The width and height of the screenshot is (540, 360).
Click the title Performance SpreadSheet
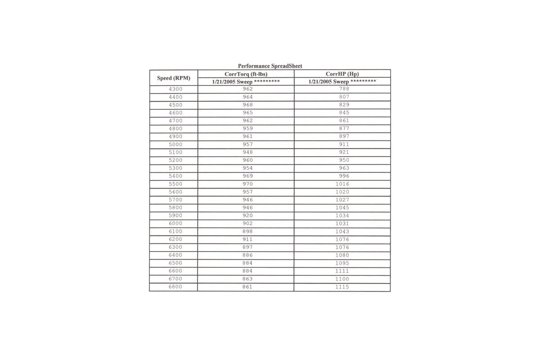pos(270,66)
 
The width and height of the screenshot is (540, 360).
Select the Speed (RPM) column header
pos(174,78)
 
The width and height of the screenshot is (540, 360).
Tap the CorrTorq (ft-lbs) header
pos(246,74)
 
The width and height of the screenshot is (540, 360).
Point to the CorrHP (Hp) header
pos(342,74)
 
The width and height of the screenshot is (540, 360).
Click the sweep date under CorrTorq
pos(246,82)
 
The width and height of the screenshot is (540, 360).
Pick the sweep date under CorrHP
pos(342,82)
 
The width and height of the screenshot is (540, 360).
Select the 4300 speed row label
pos(175,89)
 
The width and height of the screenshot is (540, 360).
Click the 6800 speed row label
pos(175,287)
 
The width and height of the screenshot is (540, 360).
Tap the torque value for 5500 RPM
pos(247,184)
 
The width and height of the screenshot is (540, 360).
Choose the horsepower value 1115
pos(342,287)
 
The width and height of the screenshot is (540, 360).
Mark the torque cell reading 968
pos(247,105)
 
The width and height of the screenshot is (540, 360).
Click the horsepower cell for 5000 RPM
pos(344,144)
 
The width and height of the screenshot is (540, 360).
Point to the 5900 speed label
pos(175,216)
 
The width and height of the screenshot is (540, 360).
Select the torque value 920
pos(247,216)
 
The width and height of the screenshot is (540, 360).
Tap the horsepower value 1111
pos(342,271)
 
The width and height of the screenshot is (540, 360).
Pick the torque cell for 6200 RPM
pos(247,239)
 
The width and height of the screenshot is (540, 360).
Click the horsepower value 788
pos(344,89)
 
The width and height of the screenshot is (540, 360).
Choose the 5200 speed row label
pos(175,160)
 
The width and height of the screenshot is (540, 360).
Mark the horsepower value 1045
pos(342,208)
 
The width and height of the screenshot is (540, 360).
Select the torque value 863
pos(247,279)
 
